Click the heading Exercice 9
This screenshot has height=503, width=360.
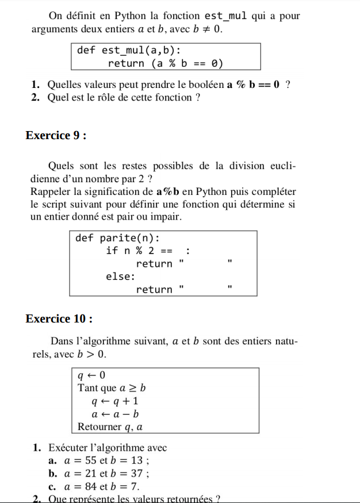click(56, 136)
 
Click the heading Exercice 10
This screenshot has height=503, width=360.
click(59, 319)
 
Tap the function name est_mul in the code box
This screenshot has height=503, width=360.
click(124, 50)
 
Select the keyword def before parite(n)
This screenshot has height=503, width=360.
click(84, 238)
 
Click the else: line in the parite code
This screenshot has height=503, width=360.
click(121, 277)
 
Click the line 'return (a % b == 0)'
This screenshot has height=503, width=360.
click(165, 63)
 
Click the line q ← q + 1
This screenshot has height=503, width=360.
click(115, 401)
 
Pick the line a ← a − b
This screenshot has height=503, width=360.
click(115, 414)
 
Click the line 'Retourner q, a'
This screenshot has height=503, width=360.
click(110, 427)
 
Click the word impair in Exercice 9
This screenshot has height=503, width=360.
click(167, 217)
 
